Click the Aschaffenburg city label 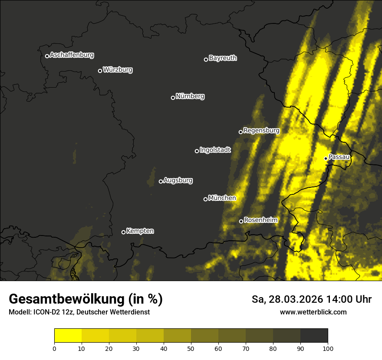72,55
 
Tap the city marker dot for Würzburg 100,71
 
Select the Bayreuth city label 223,58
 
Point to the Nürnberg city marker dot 173,98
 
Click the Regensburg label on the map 261,131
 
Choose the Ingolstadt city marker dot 197,151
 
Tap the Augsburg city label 178,180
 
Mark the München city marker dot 206,199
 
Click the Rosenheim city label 260,220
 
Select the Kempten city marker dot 123,232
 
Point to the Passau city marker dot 326,158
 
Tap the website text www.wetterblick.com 313,312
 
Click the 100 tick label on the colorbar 328,348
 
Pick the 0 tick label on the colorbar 54,348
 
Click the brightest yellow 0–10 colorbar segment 68,336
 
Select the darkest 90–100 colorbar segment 314,336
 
